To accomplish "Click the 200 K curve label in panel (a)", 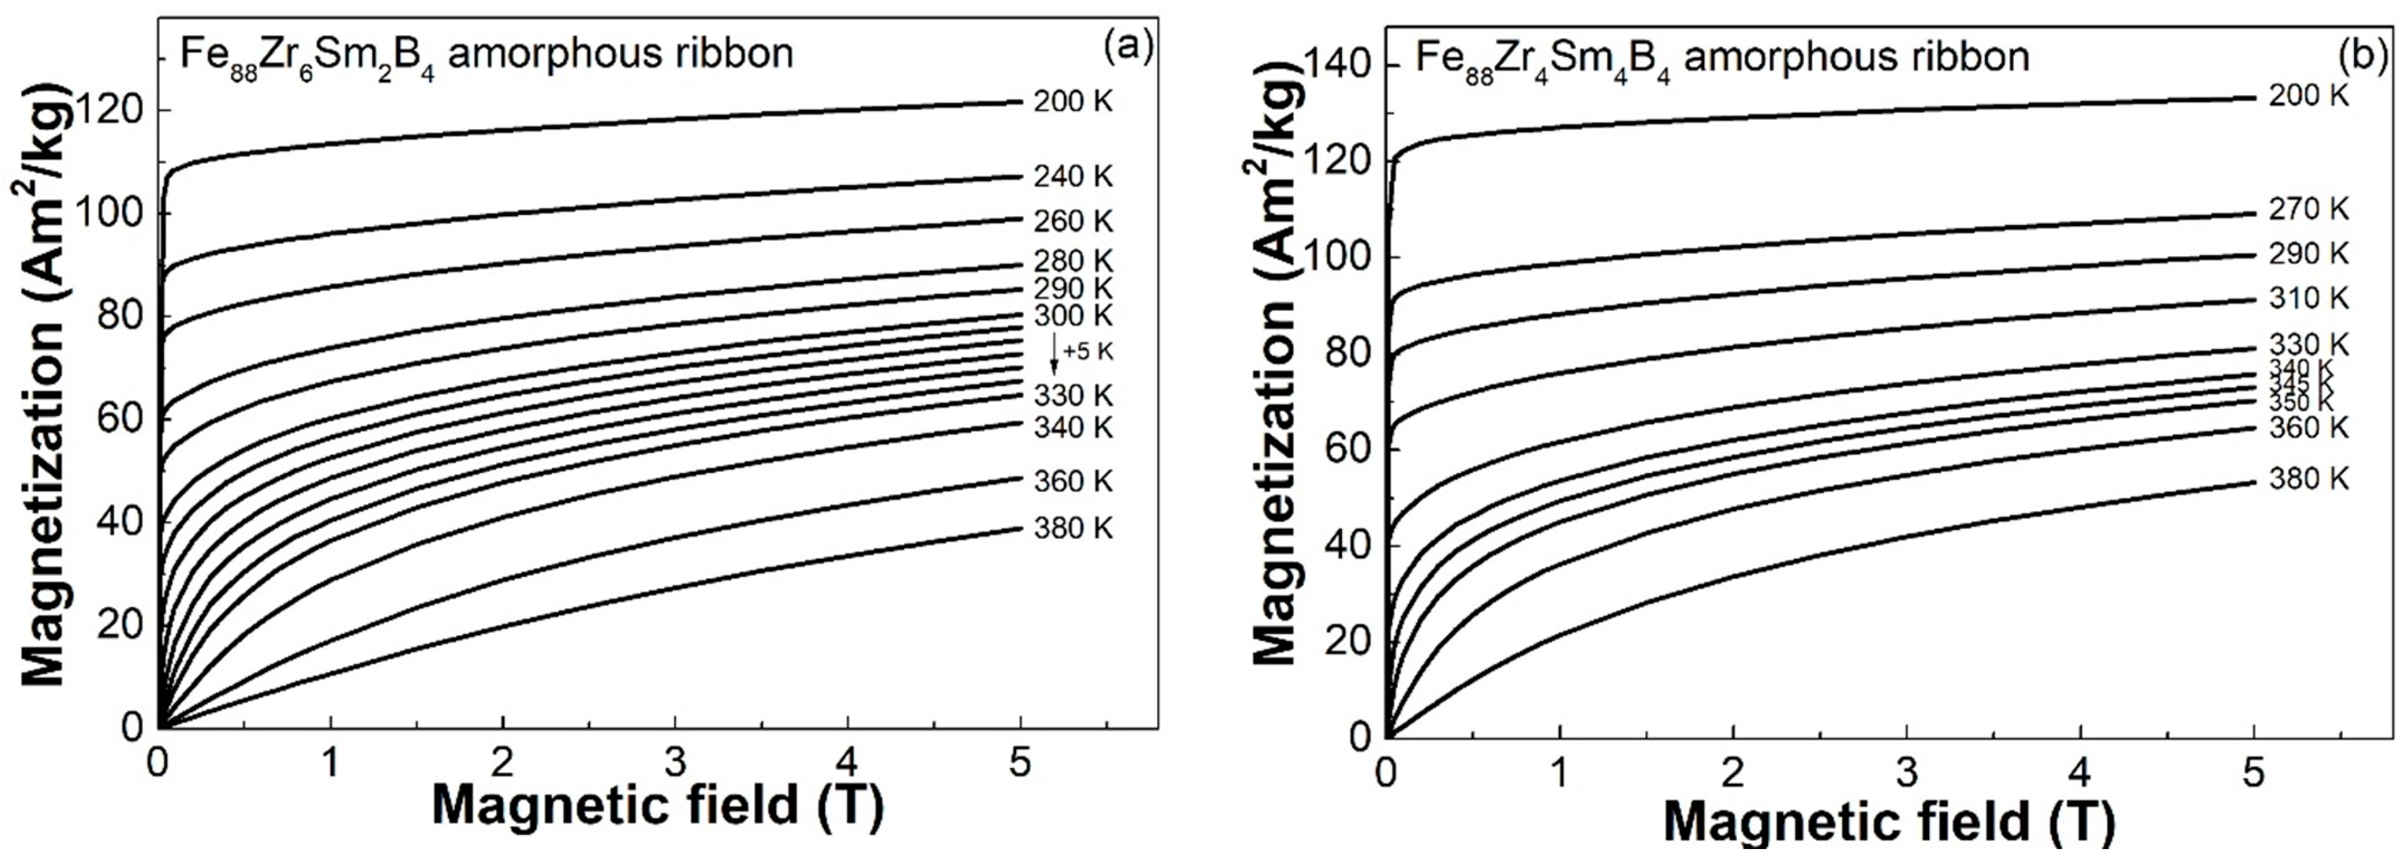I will pyautogui.click(x=1073, y=101).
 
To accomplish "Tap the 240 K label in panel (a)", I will pyautogui.click(x=1073, y=176).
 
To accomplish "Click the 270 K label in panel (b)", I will pyautogui.click(x=2308, y=210).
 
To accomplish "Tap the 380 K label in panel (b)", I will pyautogui.click(x=2308, y=479).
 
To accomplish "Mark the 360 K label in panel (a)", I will pyautogui.click(x=1073, y=481).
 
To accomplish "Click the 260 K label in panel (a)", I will pyautogui.click(x=1073, y=221).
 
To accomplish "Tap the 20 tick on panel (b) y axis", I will pyautogui.click(x=1349, y=641).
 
